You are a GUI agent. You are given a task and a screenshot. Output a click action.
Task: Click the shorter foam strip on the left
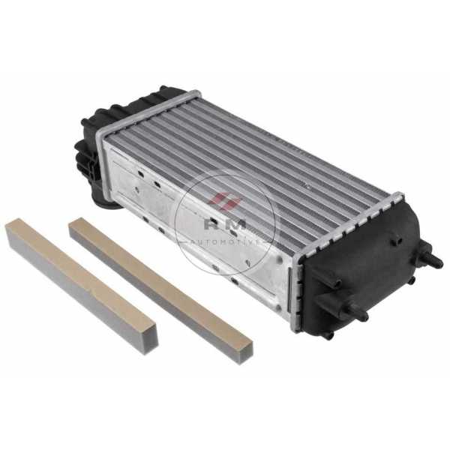tap(82, 286)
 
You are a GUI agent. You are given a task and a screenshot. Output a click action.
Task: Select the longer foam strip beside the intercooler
tap(160, 289)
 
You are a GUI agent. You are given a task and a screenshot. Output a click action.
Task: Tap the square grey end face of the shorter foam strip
tap(151, 340)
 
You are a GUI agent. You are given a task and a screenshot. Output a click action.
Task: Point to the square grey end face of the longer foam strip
tap(246, 352)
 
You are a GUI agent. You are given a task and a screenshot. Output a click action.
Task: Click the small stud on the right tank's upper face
tap(396, 241)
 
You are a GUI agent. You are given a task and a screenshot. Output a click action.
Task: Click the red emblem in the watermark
tap(225, 201)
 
